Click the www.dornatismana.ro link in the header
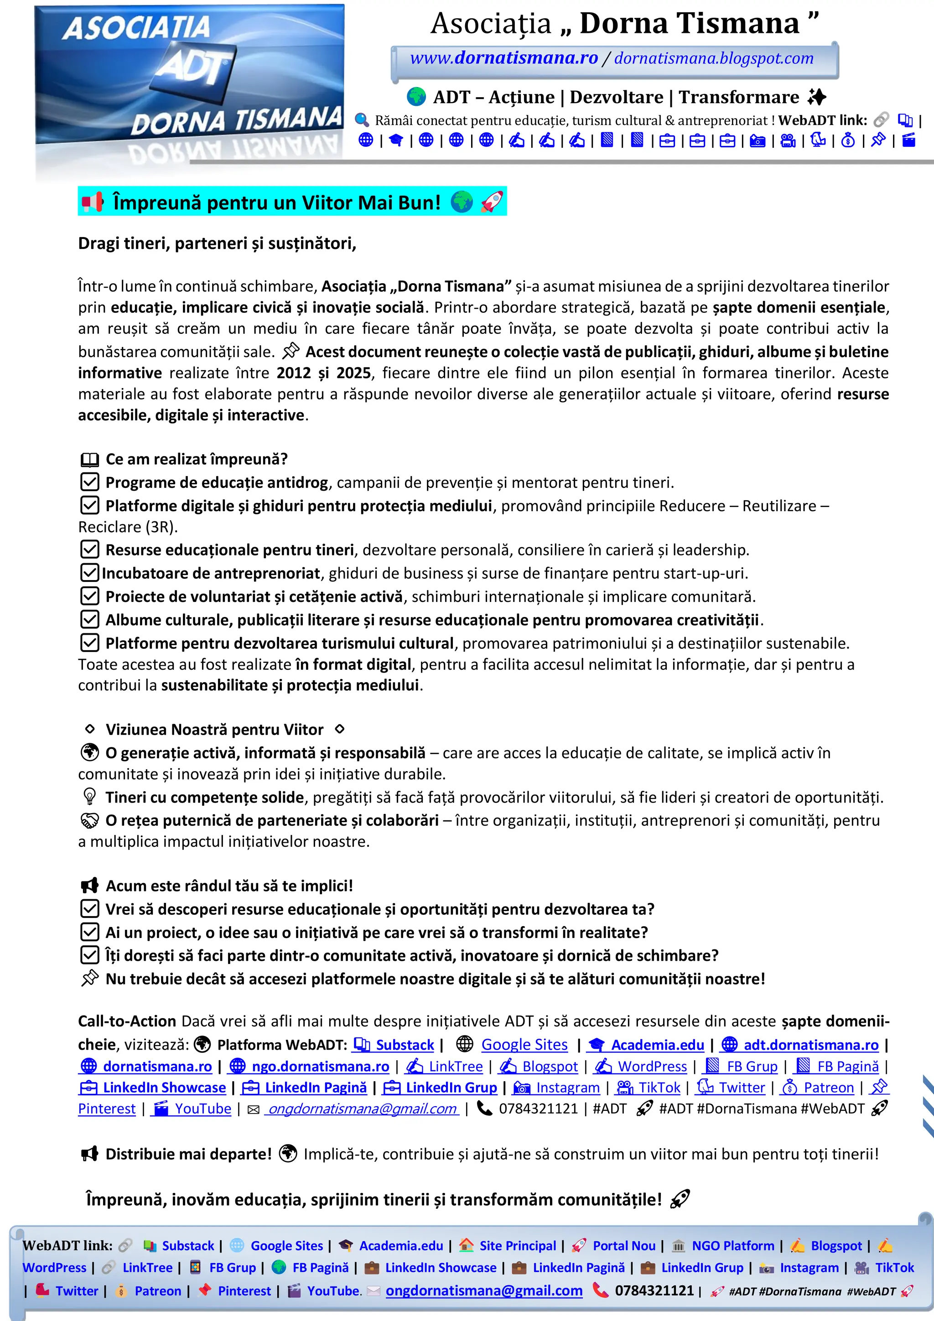[x=503, y=58]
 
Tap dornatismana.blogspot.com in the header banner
[x=714, y=58]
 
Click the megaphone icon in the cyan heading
[x=92, y=202]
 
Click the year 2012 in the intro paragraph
[x=294, y=373]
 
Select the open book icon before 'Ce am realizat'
[x=89, y=459]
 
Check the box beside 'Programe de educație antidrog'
[x=89, y=482]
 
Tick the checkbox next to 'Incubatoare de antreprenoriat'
[x=89, y=573]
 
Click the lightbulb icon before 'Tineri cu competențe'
[x=89, y=797]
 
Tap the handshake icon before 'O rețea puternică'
[x=89, y=820]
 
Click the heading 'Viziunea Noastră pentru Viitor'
[x=214, y=730]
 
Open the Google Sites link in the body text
[x=524, y=1045]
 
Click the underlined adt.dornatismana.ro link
[x=810, y=1045]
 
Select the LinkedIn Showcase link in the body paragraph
[x=164, y=1088]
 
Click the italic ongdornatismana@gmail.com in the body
[x=363, y=1109]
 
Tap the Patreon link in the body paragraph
[x=828, y=1088]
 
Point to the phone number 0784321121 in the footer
[x=654, y=1290]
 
